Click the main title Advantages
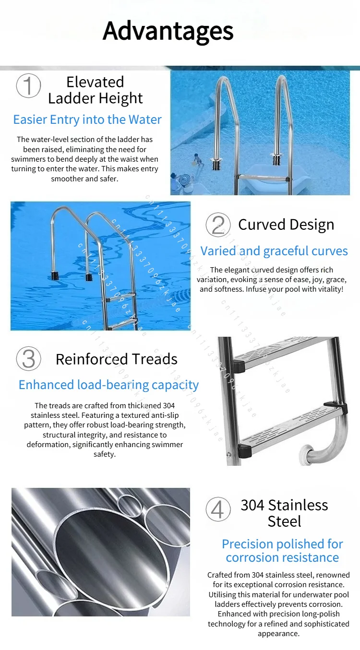[x=168, y=32]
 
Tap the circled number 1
[x=28, y=85]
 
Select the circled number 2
[x=218, y=225]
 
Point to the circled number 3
[x=28, y=358]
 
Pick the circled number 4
[x=218, y=509]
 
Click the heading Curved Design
[x=286, y=225]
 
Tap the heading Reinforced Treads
[x=117, y=359]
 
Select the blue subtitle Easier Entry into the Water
[x=87, y=119]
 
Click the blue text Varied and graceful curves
[x=274, y=251]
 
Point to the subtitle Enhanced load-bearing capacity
[x=108, y=385]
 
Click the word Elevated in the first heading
[x=95, y=82]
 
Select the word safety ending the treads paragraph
[x=105, y=454]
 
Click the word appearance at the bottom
[x=279, y=634]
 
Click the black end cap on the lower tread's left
[x=245, y=450]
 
